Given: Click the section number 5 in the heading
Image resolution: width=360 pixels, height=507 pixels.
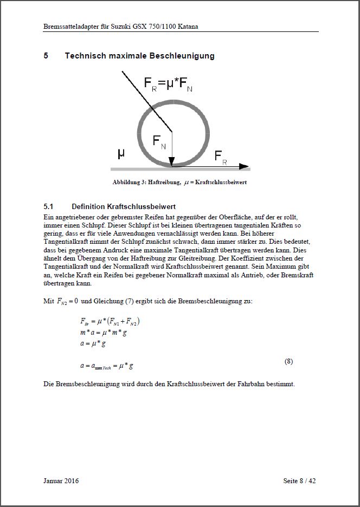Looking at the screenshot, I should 46,56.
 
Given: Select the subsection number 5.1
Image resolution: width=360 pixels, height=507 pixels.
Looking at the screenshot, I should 48,206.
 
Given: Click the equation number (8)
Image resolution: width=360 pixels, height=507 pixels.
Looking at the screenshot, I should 289,361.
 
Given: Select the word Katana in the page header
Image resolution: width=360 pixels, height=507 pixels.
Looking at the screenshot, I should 185,26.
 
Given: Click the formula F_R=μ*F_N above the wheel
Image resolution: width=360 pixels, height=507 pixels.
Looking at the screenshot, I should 168,84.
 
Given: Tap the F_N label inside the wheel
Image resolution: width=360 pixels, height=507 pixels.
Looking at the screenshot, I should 159,142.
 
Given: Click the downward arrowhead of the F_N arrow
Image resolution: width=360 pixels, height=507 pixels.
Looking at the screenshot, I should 172,161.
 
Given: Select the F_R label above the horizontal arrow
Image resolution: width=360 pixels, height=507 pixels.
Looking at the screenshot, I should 221,157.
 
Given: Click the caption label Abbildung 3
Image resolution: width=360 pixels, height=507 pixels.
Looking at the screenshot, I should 128,183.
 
